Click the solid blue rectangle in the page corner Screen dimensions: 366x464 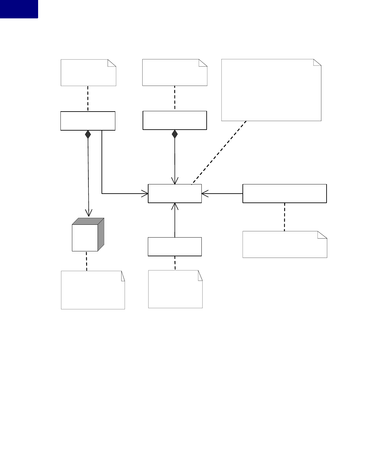(19, 9)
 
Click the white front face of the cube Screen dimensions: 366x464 (85, 238)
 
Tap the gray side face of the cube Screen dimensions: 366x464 (101, 234)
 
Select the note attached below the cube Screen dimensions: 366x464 (93, 290)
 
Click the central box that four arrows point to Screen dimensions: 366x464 (174, 194)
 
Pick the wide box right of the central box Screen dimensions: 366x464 (285, 194)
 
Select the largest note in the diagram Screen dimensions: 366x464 (271, 90)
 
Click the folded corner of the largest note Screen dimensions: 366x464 (317, 62)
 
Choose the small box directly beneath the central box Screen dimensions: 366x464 (174, 246)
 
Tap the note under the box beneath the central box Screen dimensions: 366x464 (175, 289)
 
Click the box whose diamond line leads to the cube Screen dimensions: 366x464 (88, 121)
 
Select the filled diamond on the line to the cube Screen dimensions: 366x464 (88, 134)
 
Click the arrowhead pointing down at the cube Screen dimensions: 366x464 (88, 212)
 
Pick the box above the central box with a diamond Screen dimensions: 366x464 (174, 120)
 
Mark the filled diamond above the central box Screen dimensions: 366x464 (175, 134)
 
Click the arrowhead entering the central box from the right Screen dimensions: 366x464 (204, 194)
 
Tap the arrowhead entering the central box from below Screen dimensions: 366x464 (175, 206)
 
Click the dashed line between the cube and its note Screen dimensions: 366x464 (86, 261)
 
